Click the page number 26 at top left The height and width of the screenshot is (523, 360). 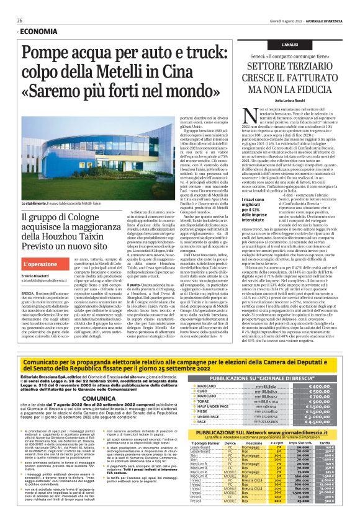point(20,20)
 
